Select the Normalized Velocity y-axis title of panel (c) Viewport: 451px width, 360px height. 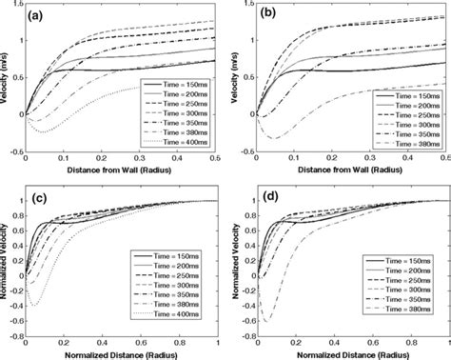(x=8, y=257)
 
